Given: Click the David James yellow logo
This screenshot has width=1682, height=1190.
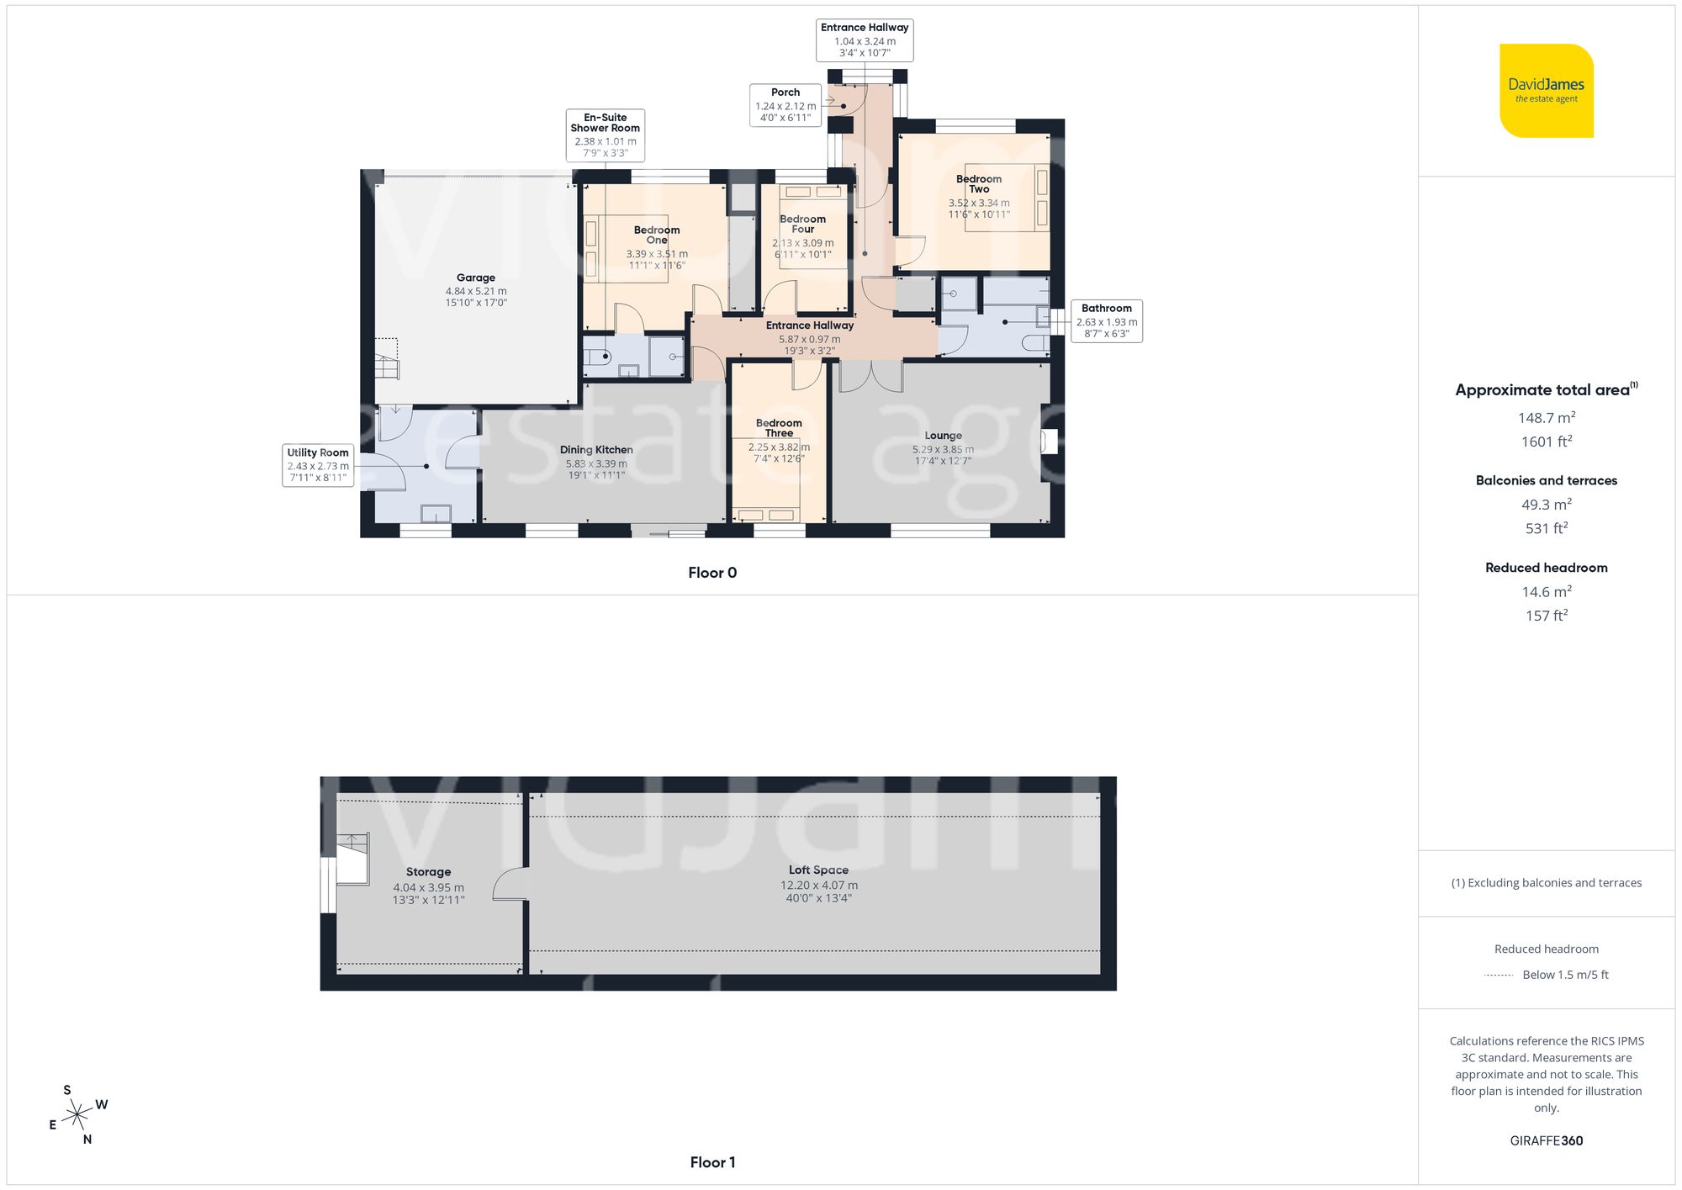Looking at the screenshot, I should (1546, 91).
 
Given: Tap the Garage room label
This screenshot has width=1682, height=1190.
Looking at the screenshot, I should (476, 278).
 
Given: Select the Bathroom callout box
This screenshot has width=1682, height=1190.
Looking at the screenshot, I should (1106, 320).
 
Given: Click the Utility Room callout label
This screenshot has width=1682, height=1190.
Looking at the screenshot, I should (317, 465).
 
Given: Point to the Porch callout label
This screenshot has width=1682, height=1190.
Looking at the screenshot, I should (785, 105).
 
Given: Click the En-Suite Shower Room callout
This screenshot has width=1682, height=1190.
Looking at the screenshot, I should (605, 135).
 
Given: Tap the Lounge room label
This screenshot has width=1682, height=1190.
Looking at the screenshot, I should (943, 436).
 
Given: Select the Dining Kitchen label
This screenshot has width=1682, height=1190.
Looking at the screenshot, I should (596, 450).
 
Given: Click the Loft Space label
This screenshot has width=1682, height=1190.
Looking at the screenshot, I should (818, 870).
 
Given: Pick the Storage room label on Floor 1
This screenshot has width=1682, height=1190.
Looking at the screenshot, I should (428, 872).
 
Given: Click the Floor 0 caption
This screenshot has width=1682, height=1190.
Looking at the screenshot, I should (712, 573).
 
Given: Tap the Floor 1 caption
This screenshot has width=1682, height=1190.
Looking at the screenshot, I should (712, 1162).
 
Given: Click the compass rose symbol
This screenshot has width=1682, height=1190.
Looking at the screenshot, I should (77, 1115).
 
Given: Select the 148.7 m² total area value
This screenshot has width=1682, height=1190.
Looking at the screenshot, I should (1546, 418).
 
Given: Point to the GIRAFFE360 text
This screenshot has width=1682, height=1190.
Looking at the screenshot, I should (1546, 1140).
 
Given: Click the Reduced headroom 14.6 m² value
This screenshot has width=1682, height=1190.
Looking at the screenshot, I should (1546, 592).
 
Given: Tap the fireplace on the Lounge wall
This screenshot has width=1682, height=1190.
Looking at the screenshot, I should (1048, 442).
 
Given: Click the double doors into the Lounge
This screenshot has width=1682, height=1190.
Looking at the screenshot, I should (871, 376).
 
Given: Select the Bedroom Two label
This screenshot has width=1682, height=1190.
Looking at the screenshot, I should (979, 183).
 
